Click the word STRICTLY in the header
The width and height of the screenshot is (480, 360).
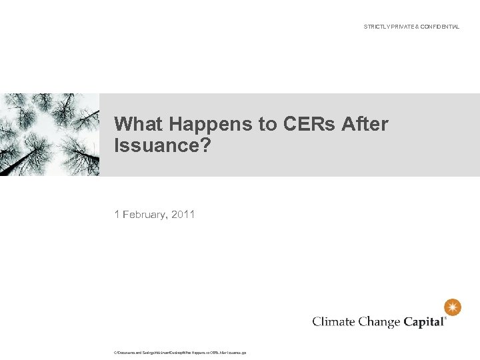coord(375,27)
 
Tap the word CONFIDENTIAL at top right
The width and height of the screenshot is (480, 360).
coord(439,27)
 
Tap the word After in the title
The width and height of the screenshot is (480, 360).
coord(365,124)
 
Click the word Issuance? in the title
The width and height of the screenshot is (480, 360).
coord(162,145)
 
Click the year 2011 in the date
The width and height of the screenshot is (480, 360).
coord(183,214)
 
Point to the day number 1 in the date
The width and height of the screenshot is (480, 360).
coord(117,214)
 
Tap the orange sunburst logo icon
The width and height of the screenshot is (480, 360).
coord(453,307)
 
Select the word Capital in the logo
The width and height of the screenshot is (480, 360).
coord(423,322)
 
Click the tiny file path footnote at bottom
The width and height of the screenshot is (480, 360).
coord(180,352)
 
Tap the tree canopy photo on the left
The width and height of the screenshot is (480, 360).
coord(49,135)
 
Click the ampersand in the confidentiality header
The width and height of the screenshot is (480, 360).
coord(416,27)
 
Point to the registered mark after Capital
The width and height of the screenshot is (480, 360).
coord(445,318)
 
